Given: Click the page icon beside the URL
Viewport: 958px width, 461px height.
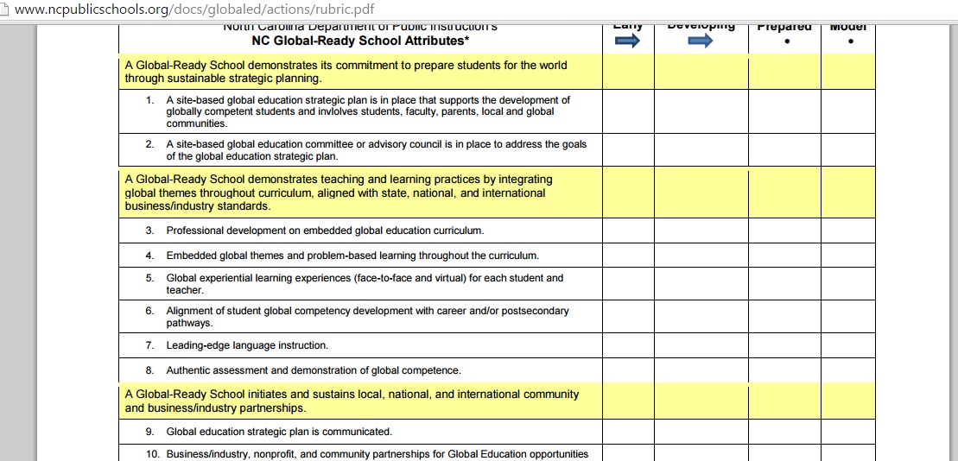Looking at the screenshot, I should coord(7,9).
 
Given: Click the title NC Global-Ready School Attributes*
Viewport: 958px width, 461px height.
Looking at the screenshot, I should coord(361,41).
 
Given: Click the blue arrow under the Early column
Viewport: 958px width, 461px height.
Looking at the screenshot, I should coord(627,41).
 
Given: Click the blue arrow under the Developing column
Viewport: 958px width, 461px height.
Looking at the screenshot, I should coord(701,41).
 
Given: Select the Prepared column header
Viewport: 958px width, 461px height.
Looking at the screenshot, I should coord(784,27).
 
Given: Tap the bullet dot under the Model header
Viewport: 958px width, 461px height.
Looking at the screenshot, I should coord(851,41).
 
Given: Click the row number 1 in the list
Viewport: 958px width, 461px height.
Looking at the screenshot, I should coord(149,100).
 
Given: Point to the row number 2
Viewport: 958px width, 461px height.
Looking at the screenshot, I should coord(149,144).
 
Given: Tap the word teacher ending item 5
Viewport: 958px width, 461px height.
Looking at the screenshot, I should coord(185,290).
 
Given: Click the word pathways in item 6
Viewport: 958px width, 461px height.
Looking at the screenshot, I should coord(189,323).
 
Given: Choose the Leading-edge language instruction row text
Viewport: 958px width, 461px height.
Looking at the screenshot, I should coord(247,345).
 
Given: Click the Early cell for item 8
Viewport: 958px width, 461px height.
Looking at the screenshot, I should coord(628,370).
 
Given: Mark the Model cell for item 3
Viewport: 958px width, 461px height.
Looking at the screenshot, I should coord(847,230).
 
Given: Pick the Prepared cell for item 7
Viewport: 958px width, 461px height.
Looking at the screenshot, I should coord(784,345).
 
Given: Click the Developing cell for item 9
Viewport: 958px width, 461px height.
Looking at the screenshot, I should coord(701,432).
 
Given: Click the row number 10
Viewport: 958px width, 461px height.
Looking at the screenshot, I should coord(152,454).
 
